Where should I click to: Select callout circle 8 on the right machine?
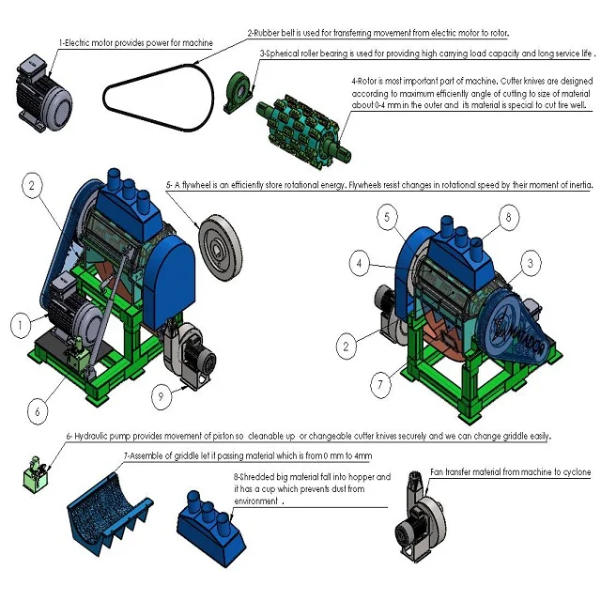click(507, 218)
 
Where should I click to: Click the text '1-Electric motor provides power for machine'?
click(135, 43)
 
